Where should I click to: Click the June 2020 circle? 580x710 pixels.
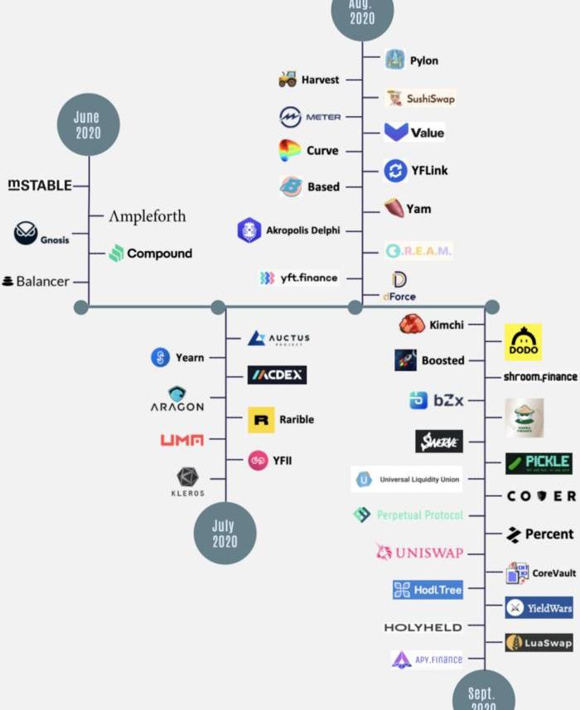pyautogui.click(x=88, y=124)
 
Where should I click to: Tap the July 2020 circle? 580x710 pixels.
pyautogui.click(x=225, y=533)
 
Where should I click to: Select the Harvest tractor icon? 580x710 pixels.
pyautogui.click(x=288, y=80)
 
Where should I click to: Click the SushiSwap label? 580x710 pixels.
pyautogui.click(x=430, y=99)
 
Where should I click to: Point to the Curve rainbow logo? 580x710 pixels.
pyautogui.click(x=289, y=151)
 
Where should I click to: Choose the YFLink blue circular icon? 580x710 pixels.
pyautogui.click(x=396, y=171)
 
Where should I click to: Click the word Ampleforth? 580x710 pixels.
pyautogui.click(x=147, y=216)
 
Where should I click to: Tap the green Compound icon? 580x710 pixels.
pyautogui.click(x=117, y=254)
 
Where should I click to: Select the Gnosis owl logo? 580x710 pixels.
pyautogui.click(x=26, y=234)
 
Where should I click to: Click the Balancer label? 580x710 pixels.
pyautogui.click(x=43, y=282)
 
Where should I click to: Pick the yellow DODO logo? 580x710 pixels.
pyautogui.click(x=523, y=342)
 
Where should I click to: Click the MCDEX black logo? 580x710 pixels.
pyautogui.click(x=277, y=375)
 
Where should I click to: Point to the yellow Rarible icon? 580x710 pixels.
pyautogui.click(x=261, y=420)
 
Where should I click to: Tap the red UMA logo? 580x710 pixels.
pyautogui.click(x=181, y=440)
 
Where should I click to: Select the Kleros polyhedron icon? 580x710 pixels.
pyautogui.click(x=188, y=478)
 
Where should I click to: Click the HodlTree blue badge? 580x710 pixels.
pyautogui.click(x=428, y=590)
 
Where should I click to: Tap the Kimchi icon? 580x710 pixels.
pyautogui.click(x=412, y=325)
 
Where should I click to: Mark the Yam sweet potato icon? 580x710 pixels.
pyautogui.click(x=394, y=208)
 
